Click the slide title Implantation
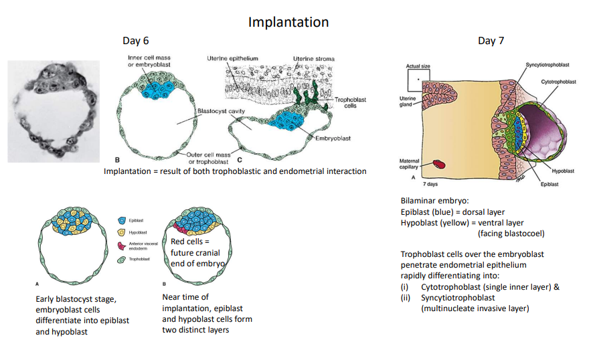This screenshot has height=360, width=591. (288, 21)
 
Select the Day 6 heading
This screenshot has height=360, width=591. (136, 41)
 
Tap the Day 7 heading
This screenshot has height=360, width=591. (491, 41)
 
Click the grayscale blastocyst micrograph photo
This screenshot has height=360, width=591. (54, 111)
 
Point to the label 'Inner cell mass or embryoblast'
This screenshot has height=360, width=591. (149, 61)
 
